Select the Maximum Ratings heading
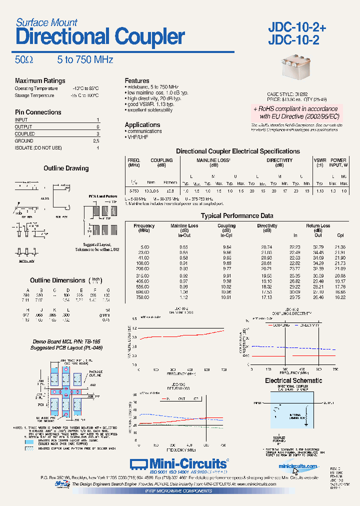point(40,80)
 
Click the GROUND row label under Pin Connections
point(24,141)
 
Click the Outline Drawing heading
point(66,168)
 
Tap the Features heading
point(137,80)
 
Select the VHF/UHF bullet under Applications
point(138,137)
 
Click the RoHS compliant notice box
point(295,112)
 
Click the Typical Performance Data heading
point(237,216)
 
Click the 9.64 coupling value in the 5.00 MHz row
point(226,247)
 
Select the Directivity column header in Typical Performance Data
point(267,228)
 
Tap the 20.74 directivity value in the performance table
point(267,247)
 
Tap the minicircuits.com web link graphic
point(298,466)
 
